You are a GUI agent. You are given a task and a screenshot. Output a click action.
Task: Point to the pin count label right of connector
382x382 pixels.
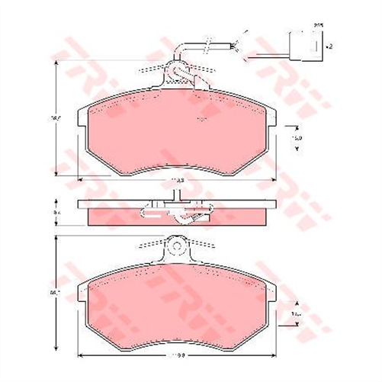[x=329, y=47]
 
